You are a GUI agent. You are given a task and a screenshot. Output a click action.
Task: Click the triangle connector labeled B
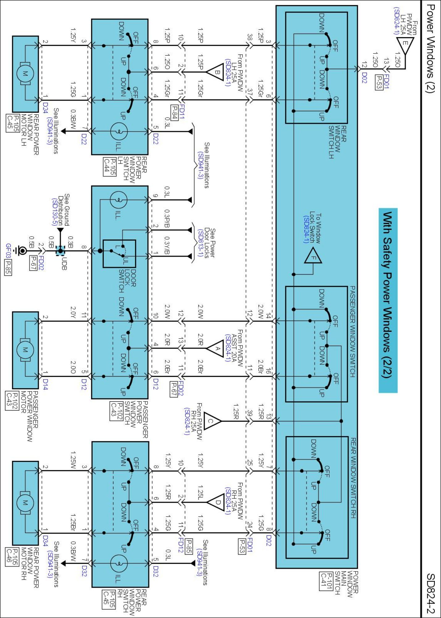pos(216,72)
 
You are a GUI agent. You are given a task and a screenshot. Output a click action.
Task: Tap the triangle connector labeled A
pos(216,348)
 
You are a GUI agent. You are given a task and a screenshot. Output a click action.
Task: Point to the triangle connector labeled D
pos(216,502)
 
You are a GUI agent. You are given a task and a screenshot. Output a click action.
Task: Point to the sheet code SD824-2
pos(430,593)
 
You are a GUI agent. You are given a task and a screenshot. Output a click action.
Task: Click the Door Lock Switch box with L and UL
pos(119,254)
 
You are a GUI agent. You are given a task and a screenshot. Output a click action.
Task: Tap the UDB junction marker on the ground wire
pos(60,251)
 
